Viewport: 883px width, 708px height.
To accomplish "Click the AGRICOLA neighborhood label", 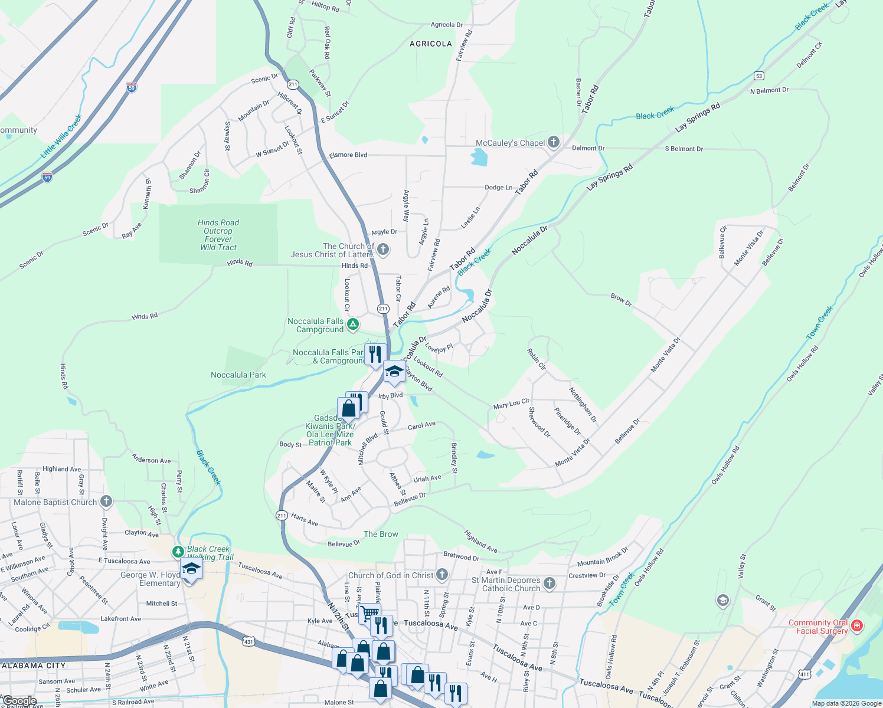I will click(x=431, y=44).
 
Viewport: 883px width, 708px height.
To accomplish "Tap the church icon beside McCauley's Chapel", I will click(x=553, y=142).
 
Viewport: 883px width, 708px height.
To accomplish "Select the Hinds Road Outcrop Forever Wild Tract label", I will click(x=218, y=235).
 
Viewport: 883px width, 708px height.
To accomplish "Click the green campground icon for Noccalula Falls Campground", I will click(x=352, y=324).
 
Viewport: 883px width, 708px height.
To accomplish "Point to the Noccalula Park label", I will click(x=238, y=375).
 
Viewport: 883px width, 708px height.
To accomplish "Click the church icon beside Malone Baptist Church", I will click(x=106, y=501).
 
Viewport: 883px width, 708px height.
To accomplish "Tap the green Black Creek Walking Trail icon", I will click(x=178, y=552).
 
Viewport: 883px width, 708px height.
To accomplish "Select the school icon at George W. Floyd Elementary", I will click(x=191, y=569).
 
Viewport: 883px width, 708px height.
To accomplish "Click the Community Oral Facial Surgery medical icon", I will click(x=857, y=625).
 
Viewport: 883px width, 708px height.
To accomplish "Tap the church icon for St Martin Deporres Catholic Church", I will click(x=550, y=584).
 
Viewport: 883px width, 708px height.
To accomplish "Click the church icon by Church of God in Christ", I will click(x=442, y=575).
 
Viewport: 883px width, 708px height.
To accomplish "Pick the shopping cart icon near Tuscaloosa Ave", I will click(x=369, y=612).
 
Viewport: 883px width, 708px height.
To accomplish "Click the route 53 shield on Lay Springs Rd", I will click(x=759, y=76).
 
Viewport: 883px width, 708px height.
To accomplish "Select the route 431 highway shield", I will click(x=248, y=641).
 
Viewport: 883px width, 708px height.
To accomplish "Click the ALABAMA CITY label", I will click(x=33, y=665).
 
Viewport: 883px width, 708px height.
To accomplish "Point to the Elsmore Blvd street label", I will click(x=348, y=155).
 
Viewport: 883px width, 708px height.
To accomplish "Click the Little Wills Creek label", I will click(x=61, y=137).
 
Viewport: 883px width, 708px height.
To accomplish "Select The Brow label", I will click(x=381, y=534).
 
